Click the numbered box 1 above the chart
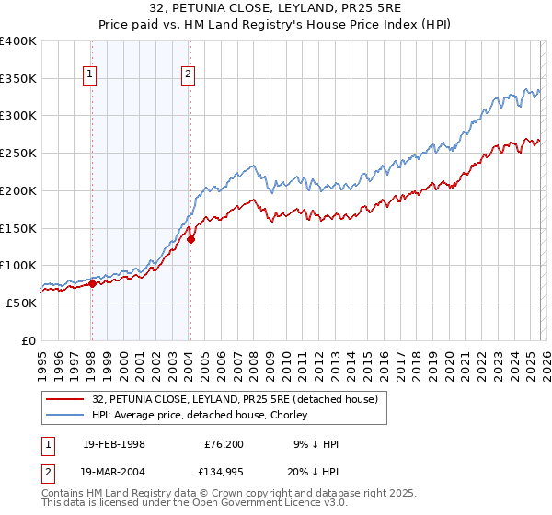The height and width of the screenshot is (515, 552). point(91,75)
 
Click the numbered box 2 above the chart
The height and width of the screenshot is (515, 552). point(188,75)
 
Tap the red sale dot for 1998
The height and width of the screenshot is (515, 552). point(92,283)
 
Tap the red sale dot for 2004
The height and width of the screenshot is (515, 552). point(190,240)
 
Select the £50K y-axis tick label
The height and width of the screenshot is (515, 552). point(22,303)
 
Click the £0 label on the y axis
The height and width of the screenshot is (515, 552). point(29,340)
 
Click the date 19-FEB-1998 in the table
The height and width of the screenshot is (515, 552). point(113,443)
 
